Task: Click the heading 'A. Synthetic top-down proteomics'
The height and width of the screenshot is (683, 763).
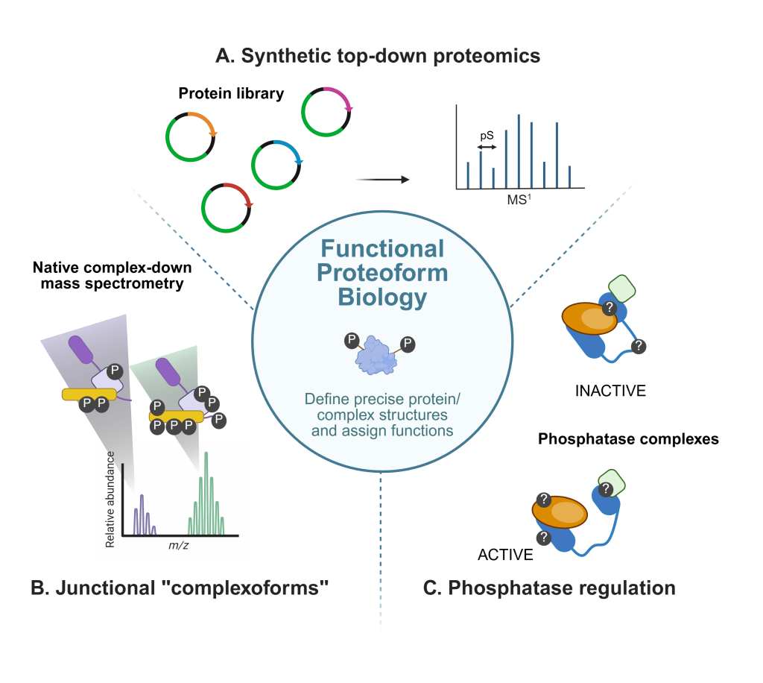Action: point(378,56)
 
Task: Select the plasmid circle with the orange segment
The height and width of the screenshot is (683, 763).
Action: point(191,136)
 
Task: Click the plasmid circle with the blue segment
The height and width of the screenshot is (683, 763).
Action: point(276,164)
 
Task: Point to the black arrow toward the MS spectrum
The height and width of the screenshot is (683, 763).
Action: point(383,180)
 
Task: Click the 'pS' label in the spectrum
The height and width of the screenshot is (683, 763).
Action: point(487,137)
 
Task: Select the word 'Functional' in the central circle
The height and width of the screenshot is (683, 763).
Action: point(382,249)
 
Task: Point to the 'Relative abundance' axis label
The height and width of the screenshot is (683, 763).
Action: point(110,499)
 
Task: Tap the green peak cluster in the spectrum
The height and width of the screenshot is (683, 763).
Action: point(207,500)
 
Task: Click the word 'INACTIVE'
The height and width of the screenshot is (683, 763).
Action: point(610,390)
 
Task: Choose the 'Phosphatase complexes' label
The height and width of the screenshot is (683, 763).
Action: point(628,438)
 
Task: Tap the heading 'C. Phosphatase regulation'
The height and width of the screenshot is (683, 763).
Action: point(549,588)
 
